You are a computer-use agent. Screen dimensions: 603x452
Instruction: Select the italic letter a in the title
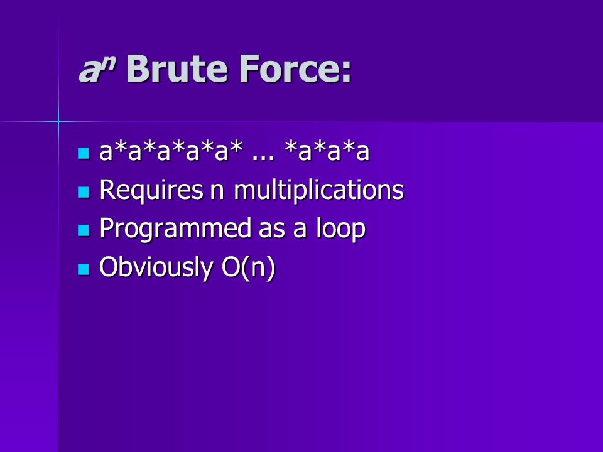[x=89, y=71]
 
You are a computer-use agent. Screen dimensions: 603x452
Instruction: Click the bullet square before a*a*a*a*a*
[x=84, y=153]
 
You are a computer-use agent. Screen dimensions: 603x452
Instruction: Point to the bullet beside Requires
[x=84, y=192]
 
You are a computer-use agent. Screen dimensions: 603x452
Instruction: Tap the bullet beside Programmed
[x=84, y=230]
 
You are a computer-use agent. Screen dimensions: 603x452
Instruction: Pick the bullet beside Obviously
[x=84, y=269]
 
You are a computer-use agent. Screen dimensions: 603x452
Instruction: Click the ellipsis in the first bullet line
[x=263, y=157]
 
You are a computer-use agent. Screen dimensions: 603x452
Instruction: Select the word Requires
[x=151, y=190]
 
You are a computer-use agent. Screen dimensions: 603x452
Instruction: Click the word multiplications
[x=319, y=190]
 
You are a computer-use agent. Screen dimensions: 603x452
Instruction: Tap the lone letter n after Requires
[x=217, y=192]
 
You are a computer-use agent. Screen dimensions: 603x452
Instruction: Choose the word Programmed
[x=176, y=229]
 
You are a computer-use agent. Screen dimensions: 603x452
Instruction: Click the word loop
[x=340, y=229]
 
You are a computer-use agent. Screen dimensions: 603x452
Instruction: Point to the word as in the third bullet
[x=272, y=230]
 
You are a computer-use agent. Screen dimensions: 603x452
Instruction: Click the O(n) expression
[x=249, y=267]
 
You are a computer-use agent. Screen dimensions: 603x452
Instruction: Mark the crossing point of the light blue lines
[x=58, y=122]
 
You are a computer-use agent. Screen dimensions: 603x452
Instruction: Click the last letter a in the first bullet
[x=362, y=152]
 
